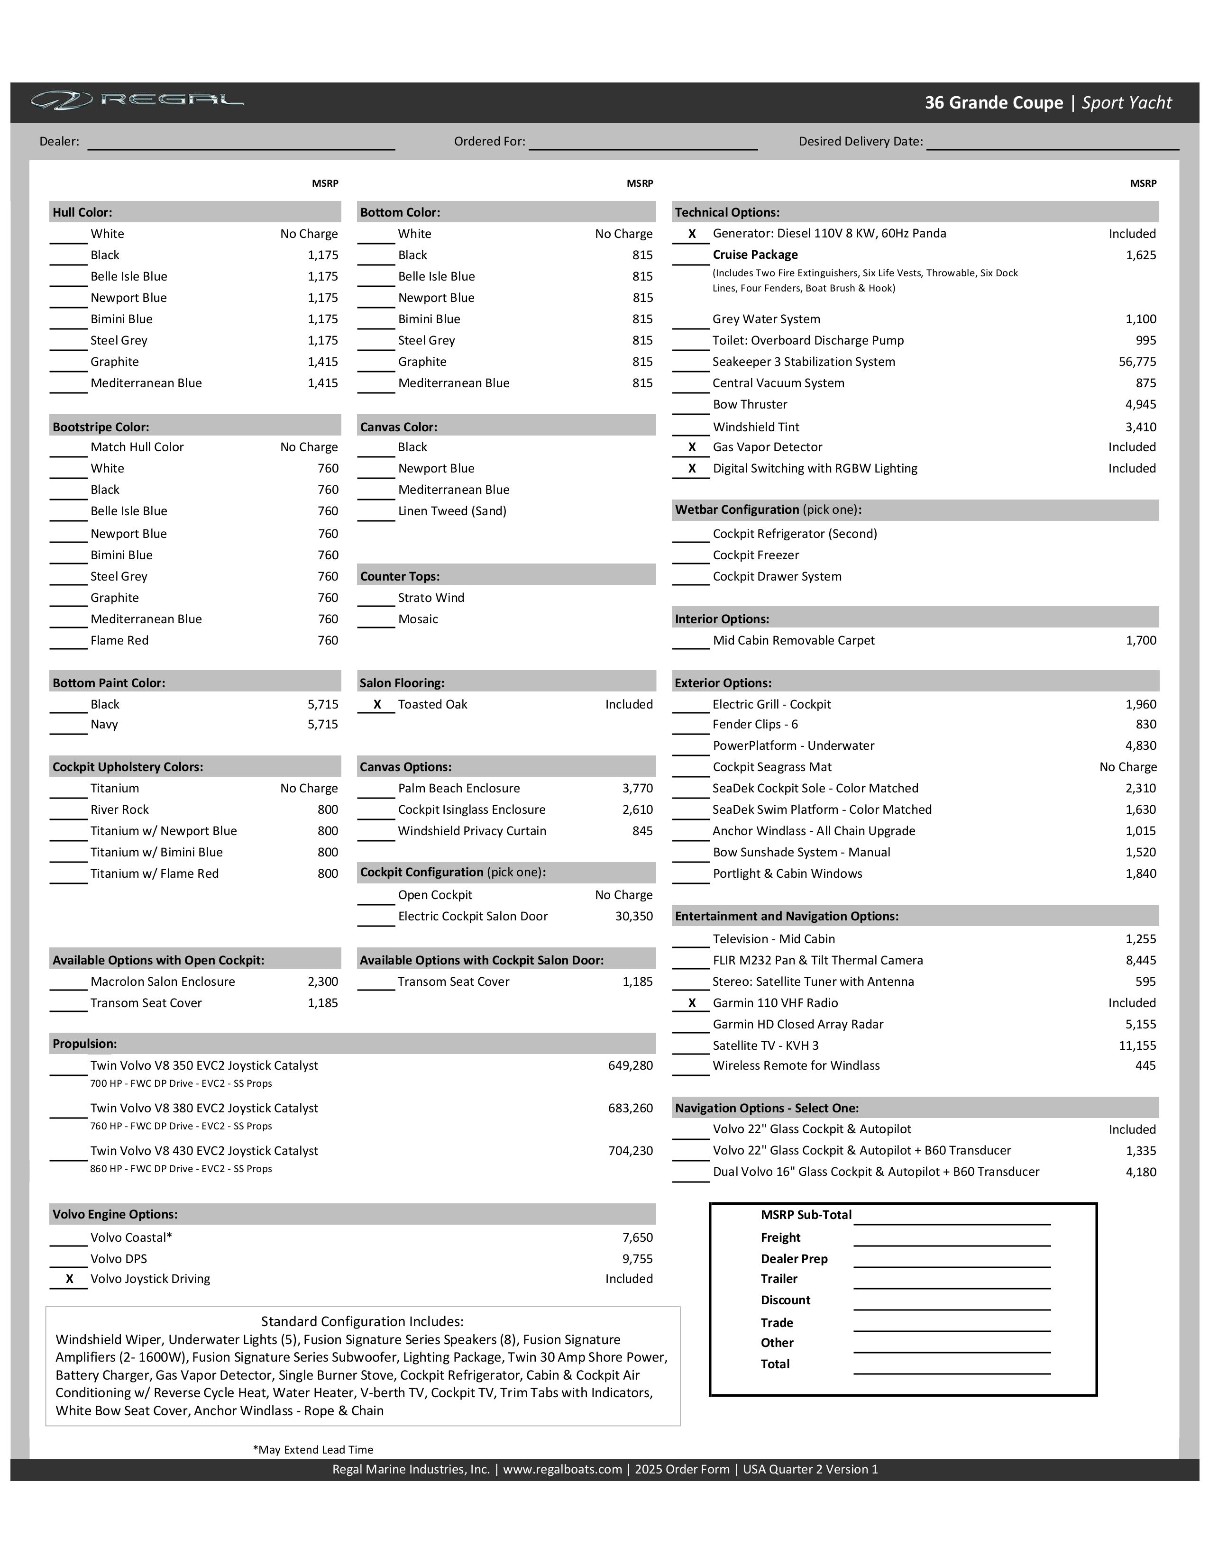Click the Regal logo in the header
pyautogui.click(x=137, y=100)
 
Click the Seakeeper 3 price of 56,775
pyautogui.click(x=1137, y=362)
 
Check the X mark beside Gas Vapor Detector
pyautogui.click(x=692, y=447)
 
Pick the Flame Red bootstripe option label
pyautogui.click(x=119, y=640)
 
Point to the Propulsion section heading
pyautogui.click(x=84, y=1044)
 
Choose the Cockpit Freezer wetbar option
pyautogui.click(x=756, y=555)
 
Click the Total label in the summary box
pyautogui.click(x=775, y=1364)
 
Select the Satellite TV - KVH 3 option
pyautogui.click(x=765, y=1046)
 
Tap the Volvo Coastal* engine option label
pyautogui.click(x=131, y=1237)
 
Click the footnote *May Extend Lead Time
pyautogui.click(x=313, y=1449)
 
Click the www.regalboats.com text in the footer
pyautogui.click(x=562, y=1469)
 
